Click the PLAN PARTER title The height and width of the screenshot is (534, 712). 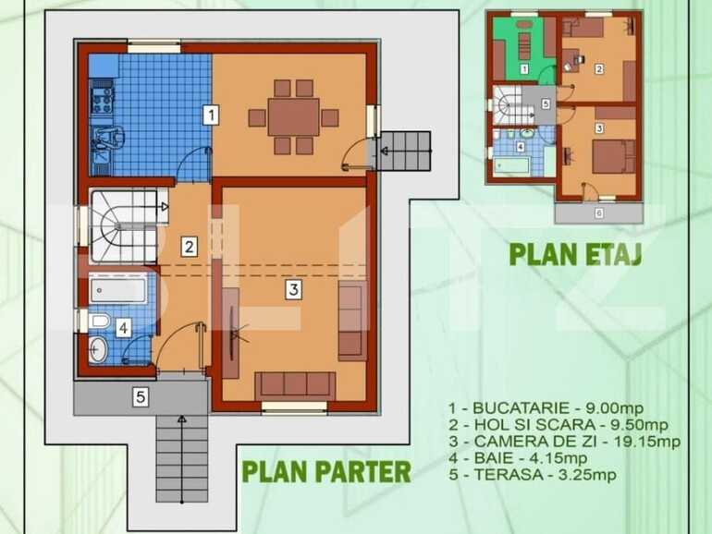pos(325,471)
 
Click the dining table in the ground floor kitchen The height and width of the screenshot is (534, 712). pos(293,117)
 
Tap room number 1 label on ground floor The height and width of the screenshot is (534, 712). pos(211,115)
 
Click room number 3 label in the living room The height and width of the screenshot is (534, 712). pos(292,289)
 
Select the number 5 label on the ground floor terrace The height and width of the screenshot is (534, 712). pos(141,398)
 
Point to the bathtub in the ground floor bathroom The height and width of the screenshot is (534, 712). pos(119,289)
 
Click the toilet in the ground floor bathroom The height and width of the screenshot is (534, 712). pos(100,321)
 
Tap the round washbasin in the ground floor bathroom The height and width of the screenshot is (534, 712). pos(101,348)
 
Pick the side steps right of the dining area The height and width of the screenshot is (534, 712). pos(405,151)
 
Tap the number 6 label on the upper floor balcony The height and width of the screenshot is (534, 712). pos(598,213)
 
